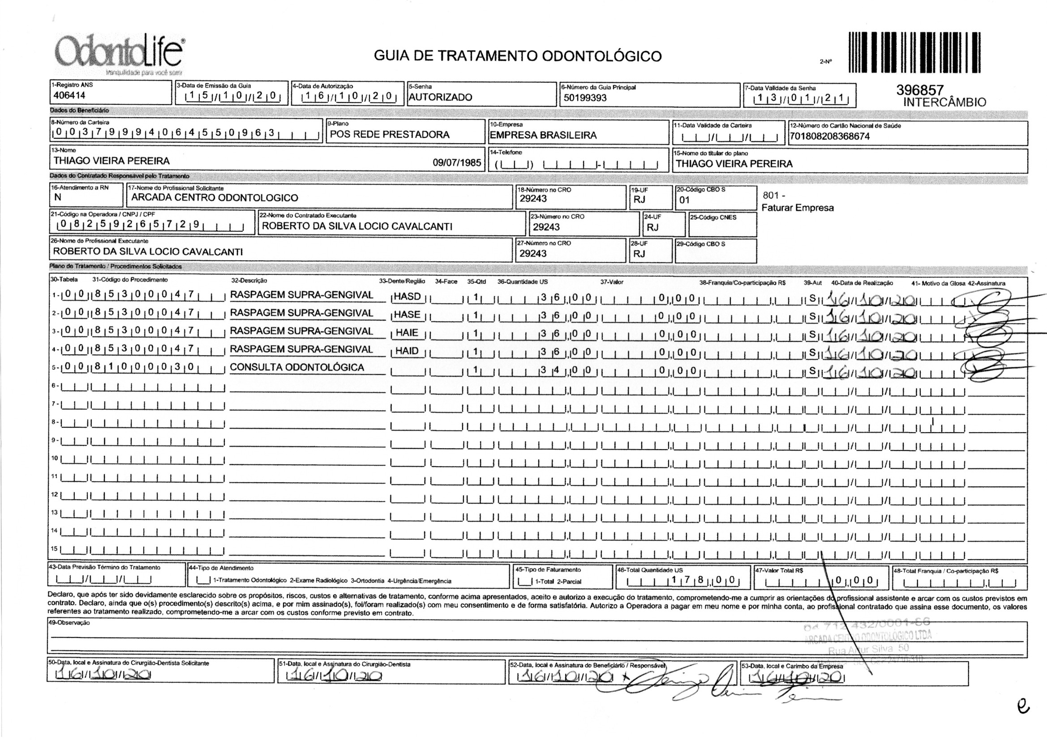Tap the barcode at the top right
(x=914, y=53)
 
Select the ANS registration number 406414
(x=69, y=96)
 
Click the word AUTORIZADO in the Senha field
(x=440, y=97)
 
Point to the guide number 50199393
(x=585, y=98)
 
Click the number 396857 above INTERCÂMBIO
(x=919, y=90)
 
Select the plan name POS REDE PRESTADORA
(x=390, y=135)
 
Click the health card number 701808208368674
(x=830, y=136)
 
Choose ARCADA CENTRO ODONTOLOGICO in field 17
(x=215, y=198)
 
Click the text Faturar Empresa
(x=798, y=208)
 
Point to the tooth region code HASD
(x=407, y=297)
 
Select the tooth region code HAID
(x=407, y=351)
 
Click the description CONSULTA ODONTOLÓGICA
(x=297, y=367)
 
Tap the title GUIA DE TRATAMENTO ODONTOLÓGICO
(x=518, y=56)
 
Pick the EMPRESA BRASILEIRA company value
(x=543, y=135)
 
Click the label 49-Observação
(x=69, y=623)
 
